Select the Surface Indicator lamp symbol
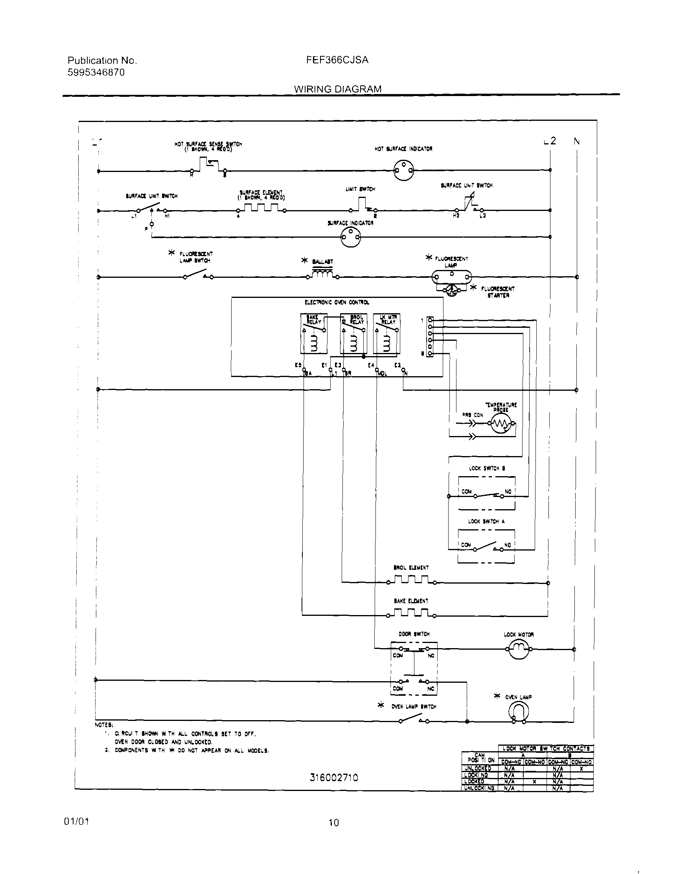point(350,238)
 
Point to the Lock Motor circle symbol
point(518,649)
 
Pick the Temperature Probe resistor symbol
point(501,424)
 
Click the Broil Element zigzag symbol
point(412,580)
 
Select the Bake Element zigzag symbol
point(412,613)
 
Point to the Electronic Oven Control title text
point(337,303)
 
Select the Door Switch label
point(414,634)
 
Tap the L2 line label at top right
point(550,141)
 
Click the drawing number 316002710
point(334,778)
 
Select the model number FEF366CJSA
point(337,60)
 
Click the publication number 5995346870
point(96,72)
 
